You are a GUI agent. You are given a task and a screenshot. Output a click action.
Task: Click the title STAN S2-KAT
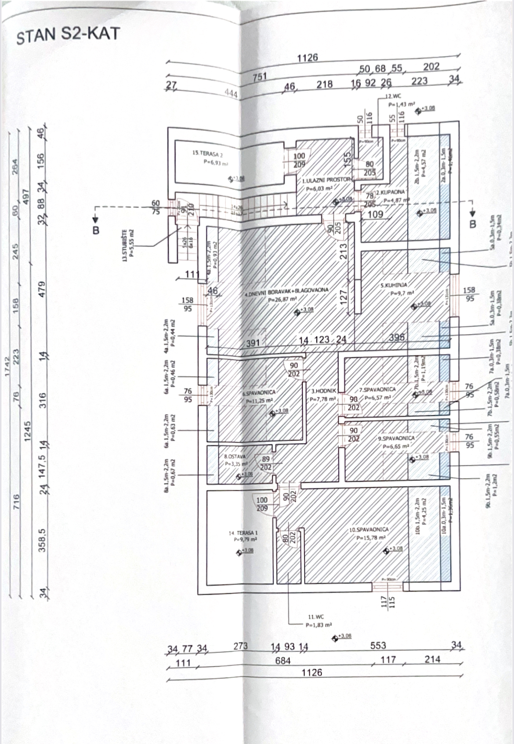point(68,35)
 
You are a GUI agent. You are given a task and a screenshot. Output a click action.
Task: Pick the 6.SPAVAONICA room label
point(259,394)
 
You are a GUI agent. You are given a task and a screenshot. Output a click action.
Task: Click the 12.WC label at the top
point(393,96)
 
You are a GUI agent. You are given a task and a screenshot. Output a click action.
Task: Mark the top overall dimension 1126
point(307,58)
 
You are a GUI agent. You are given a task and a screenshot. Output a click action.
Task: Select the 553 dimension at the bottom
point(378,645)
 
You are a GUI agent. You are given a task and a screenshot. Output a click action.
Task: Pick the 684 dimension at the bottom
point(282,661)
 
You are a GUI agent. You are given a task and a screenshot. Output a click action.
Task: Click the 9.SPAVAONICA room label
point(396,438)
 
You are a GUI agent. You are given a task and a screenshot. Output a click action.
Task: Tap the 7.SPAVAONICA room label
point(377,389)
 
